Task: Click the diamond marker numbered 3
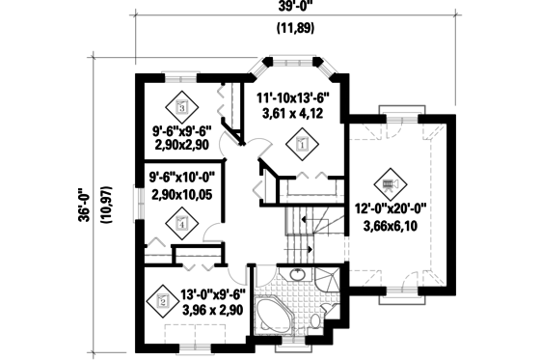tap(181, 107)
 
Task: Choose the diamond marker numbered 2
tap(162, 301)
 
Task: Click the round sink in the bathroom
tap(295, 277)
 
